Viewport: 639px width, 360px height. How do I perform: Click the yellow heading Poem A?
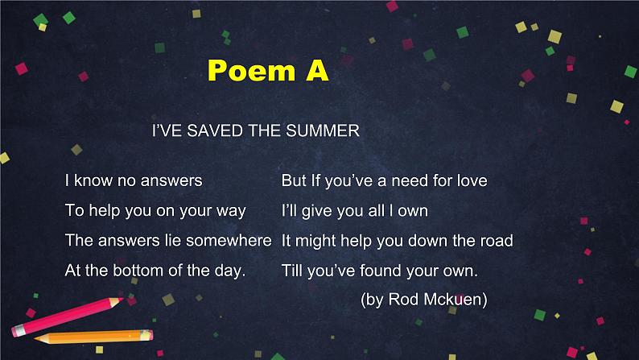click(x=268, y=70)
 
